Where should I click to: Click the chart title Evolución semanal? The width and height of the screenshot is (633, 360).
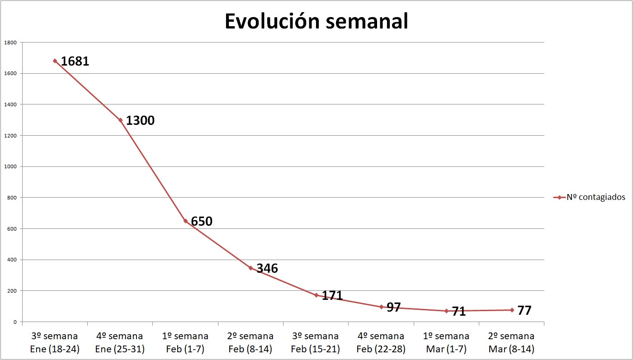(316, 21)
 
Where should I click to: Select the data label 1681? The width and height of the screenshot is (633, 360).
(75, 61)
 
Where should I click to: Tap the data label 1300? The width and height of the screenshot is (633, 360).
(140, 121)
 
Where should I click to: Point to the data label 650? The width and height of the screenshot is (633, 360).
(202, 222)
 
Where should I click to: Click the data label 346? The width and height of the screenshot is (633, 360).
(267, 268)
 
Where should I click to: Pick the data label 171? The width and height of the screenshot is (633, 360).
(332, 296)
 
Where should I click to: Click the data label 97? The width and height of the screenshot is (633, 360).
(394, 307)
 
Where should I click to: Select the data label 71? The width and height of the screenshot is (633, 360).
(459, 311)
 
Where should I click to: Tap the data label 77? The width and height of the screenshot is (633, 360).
(524, 310)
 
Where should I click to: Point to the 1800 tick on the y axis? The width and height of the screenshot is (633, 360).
(10, 43)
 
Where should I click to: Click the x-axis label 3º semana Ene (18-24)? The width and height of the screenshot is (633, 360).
(55, 343)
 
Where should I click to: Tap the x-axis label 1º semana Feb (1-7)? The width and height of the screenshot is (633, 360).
(185, 343)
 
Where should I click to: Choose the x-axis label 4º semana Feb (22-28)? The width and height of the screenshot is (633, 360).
(381, 343)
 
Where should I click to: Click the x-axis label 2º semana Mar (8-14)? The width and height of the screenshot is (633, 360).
(511, 343)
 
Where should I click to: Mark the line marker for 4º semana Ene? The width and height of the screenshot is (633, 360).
(120, 120)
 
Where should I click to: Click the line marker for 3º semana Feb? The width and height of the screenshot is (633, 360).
(316, 295)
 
